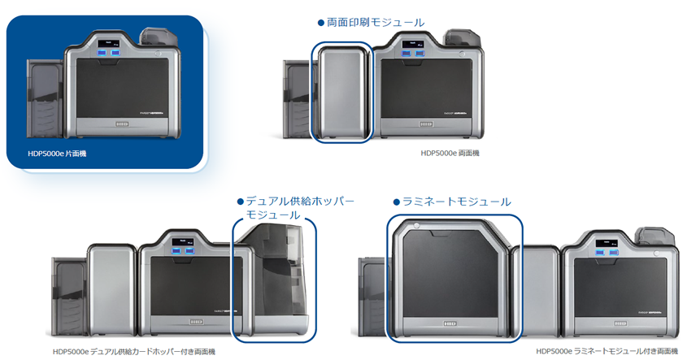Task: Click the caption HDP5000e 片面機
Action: (x=57, y=154)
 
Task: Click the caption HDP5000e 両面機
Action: (x=450, y=154)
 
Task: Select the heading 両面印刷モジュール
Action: (x=376, y=22)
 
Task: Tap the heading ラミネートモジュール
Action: (x=456, y=202)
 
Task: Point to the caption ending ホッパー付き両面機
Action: (x=134, y=351)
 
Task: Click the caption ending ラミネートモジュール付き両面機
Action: (x=607, y=351)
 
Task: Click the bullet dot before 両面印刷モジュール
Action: (x=321, y=23)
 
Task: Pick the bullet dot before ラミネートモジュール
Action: (x=397, y=202)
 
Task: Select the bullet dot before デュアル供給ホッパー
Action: (x=240, y=202)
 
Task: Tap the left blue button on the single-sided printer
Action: (x=102, y=53)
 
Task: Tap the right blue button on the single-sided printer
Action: (x=115, y=53)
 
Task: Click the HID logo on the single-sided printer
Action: (x=121, y=124)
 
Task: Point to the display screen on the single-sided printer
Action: (x=109, y=44)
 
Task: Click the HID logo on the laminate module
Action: (x=450, y=324)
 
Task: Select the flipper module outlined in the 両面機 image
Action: (x=342, y=93)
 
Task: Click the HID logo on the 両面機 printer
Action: (x=426, y=124)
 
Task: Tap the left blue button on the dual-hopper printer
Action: (x=176, y=251)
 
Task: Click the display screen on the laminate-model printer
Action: (x=607, y=243)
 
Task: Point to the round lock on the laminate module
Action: (x=416, y=226)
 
